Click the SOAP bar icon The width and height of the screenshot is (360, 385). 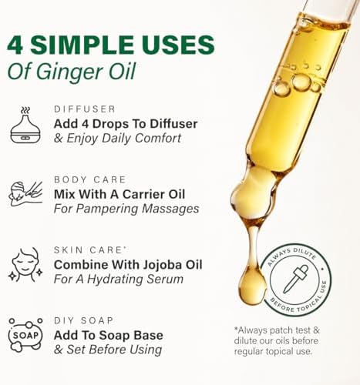(25, 335)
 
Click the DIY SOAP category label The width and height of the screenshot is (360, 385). (83, 320)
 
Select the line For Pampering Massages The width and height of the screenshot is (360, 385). (126, 209)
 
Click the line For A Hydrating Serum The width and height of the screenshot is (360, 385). (118, 279)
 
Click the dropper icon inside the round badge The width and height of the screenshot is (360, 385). (296, 279)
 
